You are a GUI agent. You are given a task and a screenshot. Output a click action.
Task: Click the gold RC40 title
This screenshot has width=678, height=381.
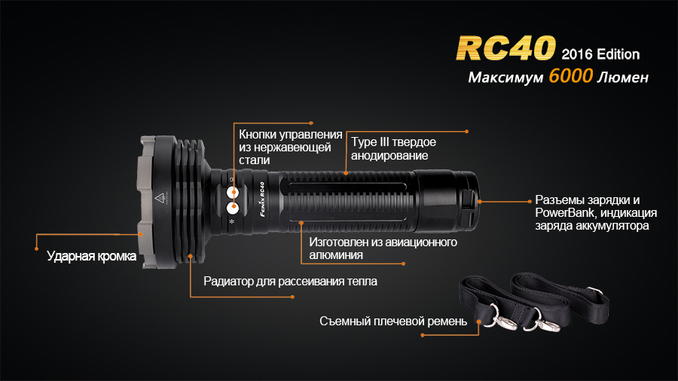(505, 47)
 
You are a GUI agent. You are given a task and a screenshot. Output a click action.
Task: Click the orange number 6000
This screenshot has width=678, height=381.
(571, 76)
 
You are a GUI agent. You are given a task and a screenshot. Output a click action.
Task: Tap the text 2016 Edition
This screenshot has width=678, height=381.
(600, 54)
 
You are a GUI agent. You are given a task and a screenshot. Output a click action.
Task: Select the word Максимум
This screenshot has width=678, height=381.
(506, 78)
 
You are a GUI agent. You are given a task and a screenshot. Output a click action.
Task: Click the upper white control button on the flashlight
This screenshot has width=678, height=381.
(233, 192)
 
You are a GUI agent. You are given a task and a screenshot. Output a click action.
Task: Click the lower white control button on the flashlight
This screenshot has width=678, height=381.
(233, 209)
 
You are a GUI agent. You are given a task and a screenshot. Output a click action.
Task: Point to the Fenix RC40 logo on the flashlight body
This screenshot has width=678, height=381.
(262, 199)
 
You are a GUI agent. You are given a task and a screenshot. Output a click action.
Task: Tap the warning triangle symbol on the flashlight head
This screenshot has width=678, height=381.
(160, 198)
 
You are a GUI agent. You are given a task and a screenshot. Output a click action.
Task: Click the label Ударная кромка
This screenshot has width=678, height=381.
(91, 256)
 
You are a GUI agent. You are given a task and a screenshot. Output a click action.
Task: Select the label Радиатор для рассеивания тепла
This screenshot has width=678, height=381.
(290, 281)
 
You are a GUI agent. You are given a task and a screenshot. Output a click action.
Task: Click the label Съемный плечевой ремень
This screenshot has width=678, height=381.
(393, 322)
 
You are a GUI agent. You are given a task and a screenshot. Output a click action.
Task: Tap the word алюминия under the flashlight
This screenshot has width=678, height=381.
(336, 255)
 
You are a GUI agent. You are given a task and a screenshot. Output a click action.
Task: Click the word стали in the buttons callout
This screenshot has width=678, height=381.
(255, 160)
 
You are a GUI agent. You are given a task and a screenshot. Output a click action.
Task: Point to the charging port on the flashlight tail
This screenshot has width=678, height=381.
(468, 201)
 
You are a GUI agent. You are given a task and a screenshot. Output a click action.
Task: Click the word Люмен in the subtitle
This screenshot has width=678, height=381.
(623, 78)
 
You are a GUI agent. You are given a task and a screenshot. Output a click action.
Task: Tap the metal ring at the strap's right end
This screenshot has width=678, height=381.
(595, 291)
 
